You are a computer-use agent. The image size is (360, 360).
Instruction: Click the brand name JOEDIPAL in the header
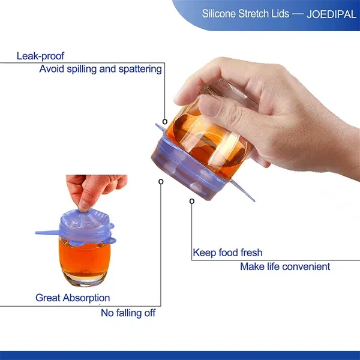(x=324, y=13)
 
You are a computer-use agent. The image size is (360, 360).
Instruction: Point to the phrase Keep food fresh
(x=227, y=253)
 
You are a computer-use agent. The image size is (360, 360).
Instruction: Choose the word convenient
(x=306, y=266)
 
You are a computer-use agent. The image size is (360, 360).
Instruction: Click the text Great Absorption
(x=73, y=298)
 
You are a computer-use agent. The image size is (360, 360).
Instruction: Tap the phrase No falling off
(x=128, y=313)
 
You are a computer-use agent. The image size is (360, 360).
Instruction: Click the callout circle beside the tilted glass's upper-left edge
(x=165, y=121)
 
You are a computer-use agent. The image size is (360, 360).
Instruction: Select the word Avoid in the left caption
(x=51, y=69)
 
